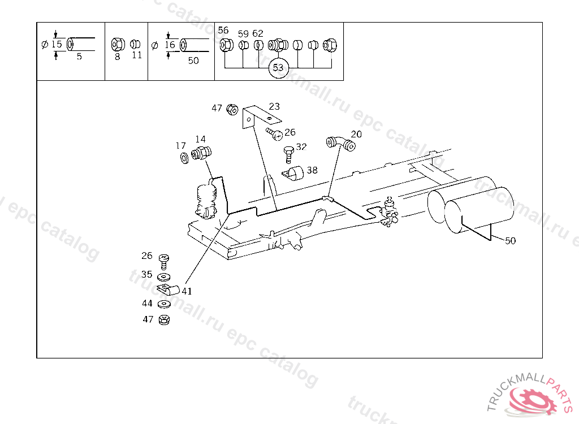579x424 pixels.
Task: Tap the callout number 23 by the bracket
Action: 274,106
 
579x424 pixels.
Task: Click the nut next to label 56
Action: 224,44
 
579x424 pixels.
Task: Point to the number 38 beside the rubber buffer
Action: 312,169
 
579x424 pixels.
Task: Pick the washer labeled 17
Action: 183,157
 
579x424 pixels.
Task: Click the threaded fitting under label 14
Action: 201,153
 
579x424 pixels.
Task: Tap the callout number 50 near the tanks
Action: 510,240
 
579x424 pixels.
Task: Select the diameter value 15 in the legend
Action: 57,44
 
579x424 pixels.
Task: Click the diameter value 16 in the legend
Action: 170,44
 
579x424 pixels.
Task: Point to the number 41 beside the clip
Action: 187,292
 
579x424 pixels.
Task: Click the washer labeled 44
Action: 164,304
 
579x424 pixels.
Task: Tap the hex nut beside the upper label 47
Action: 231,109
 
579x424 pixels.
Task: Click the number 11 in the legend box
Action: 137,55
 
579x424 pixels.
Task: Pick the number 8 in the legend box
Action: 118,57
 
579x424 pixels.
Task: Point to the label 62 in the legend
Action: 258,34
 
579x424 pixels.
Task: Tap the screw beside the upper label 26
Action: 275,134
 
